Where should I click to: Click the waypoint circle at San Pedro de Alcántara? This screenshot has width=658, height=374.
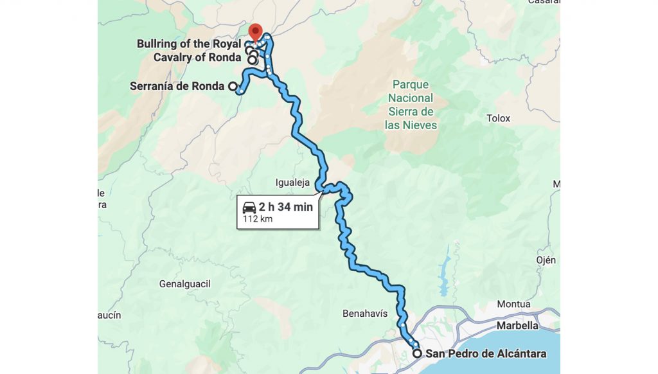tap(417, 353)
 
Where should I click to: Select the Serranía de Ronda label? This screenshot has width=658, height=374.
tap(177, 86)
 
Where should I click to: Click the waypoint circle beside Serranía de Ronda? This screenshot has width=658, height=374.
tap(233, 86)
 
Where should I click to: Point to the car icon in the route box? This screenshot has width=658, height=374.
tap(249, 207)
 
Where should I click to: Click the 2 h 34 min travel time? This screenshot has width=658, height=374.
tap(286, 207)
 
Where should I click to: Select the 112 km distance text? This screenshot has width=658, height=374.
tap(258, 219)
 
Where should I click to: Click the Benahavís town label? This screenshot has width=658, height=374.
tap(365, 314)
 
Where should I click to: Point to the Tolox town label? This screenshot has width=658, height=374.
tap(498, 118)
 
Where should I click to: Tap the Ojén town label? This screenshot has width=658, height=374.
tap(546, 260)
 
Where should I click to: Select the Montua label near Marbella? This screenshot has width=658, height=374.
tap(513, 304)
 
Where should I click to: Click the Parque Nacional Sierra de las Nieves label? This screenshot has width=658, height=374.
tap(411, 105)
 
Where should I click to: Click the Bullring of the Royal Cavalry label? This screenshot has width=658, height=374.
tap(190, 51)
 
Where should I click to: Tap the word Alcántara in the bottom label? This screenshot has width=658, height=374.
tap(518, 353)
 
